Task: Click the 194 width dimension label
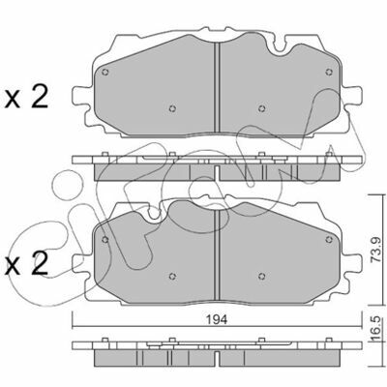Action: click(x=217, y=319)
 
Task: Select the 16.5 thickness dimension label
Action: click(x=376, y=329)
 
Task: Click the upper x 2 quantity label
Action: click(x=26, y=98)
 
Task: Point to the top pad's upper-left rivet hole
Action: click(x=104, y=72)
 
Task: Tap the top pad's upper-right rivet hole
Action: click(x=329, y=72)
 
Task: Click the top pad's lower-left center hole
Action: click(x=172, y=108)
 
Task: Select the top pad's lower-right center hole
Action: click(x=262, y=108)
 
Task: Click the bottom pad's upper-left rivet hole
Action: click(x=104, y=239)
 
